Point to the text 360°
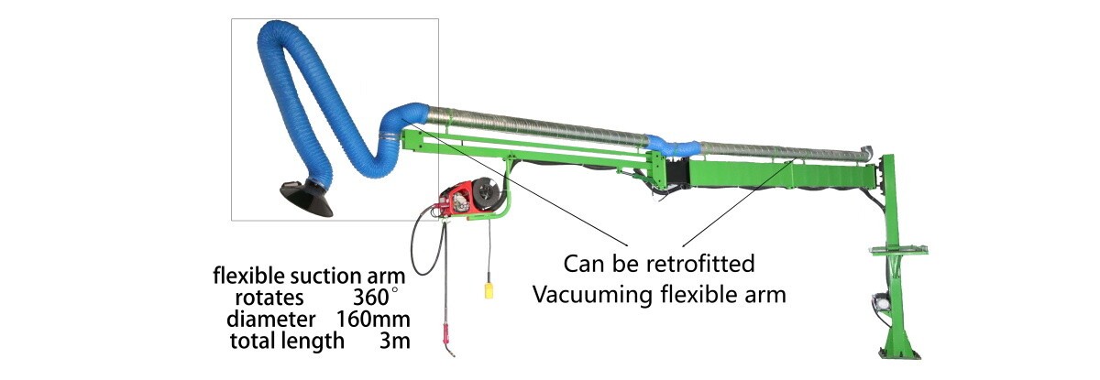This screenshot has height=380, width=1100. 377,297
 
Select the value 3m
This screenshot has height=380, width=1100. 393,342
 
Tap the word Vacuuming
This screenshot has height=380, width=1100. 591,296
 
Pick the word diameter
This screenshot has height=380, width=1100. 271,320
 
